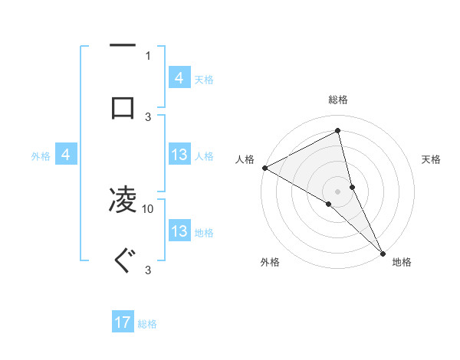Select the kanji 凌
point(123,200)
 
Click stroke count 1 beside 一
point(148,55)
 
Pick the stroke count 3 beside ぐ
point(148,270)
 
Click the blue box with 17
point(123,323)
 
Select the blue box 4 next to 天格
point(179,78)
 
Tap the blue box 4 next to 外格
point(66,155)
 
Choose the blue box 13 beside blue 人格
point(179,155)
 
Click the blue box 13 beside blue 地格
point(179,231)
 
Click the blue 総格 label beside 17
point(147,324)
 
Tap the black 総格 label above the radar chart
point(338,100)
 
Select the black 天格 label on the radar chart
point(432,159)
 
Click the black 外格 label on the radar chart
point(270,263)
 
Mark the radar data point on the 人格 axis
point(264,168)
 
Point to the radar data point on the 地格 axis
point(383,252)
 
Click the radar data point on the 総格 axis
point(338,129)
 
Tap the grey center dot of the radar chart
point(338,191)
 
